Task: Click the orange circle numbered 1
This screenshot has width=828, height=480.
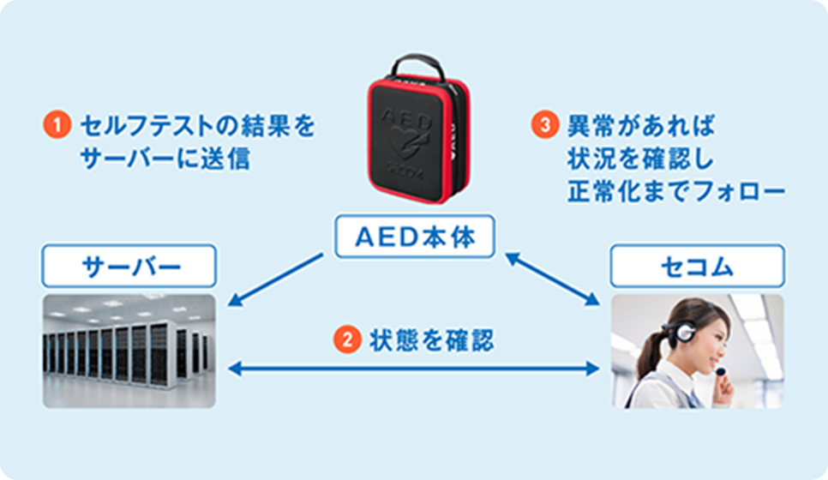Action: click(57, 124)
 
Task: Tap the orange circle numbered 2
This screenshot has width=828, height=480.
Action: click(347, 339)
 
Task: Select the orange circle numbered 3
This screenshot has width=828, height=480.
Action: click(544, 124)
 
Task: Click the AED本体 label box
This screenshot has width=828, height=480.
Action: click(415, 237)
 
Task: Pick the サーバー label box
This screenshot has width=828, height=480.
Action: click(129, 266)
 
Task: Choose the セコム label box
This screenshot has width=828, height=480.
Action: click(697, 266)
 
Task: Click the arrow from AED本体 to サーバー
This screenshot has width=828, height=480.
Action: click(275, 279)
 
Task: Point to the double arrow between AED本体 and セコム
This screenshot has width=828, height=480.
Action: click(552, 279)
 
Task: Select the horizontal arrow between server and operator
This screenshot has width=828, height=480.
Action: click(413, 368)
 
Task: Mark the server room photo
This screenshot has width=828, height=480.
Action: click(129, 351)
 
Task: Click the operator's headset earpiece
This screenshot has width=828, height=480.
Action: click(686, 331)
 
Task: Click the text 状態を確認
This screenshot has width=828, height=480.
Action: click(432, 339)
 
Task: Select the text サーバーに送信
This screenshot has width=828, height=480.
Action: click(165, 159)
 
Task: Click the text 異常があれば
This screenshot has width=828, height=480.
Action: click(641, 125)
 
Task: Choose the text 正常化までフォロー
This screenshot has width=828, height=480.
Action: click(676, 191)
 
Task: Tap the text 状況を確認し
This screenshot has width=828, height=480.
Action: click(640, 159)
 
